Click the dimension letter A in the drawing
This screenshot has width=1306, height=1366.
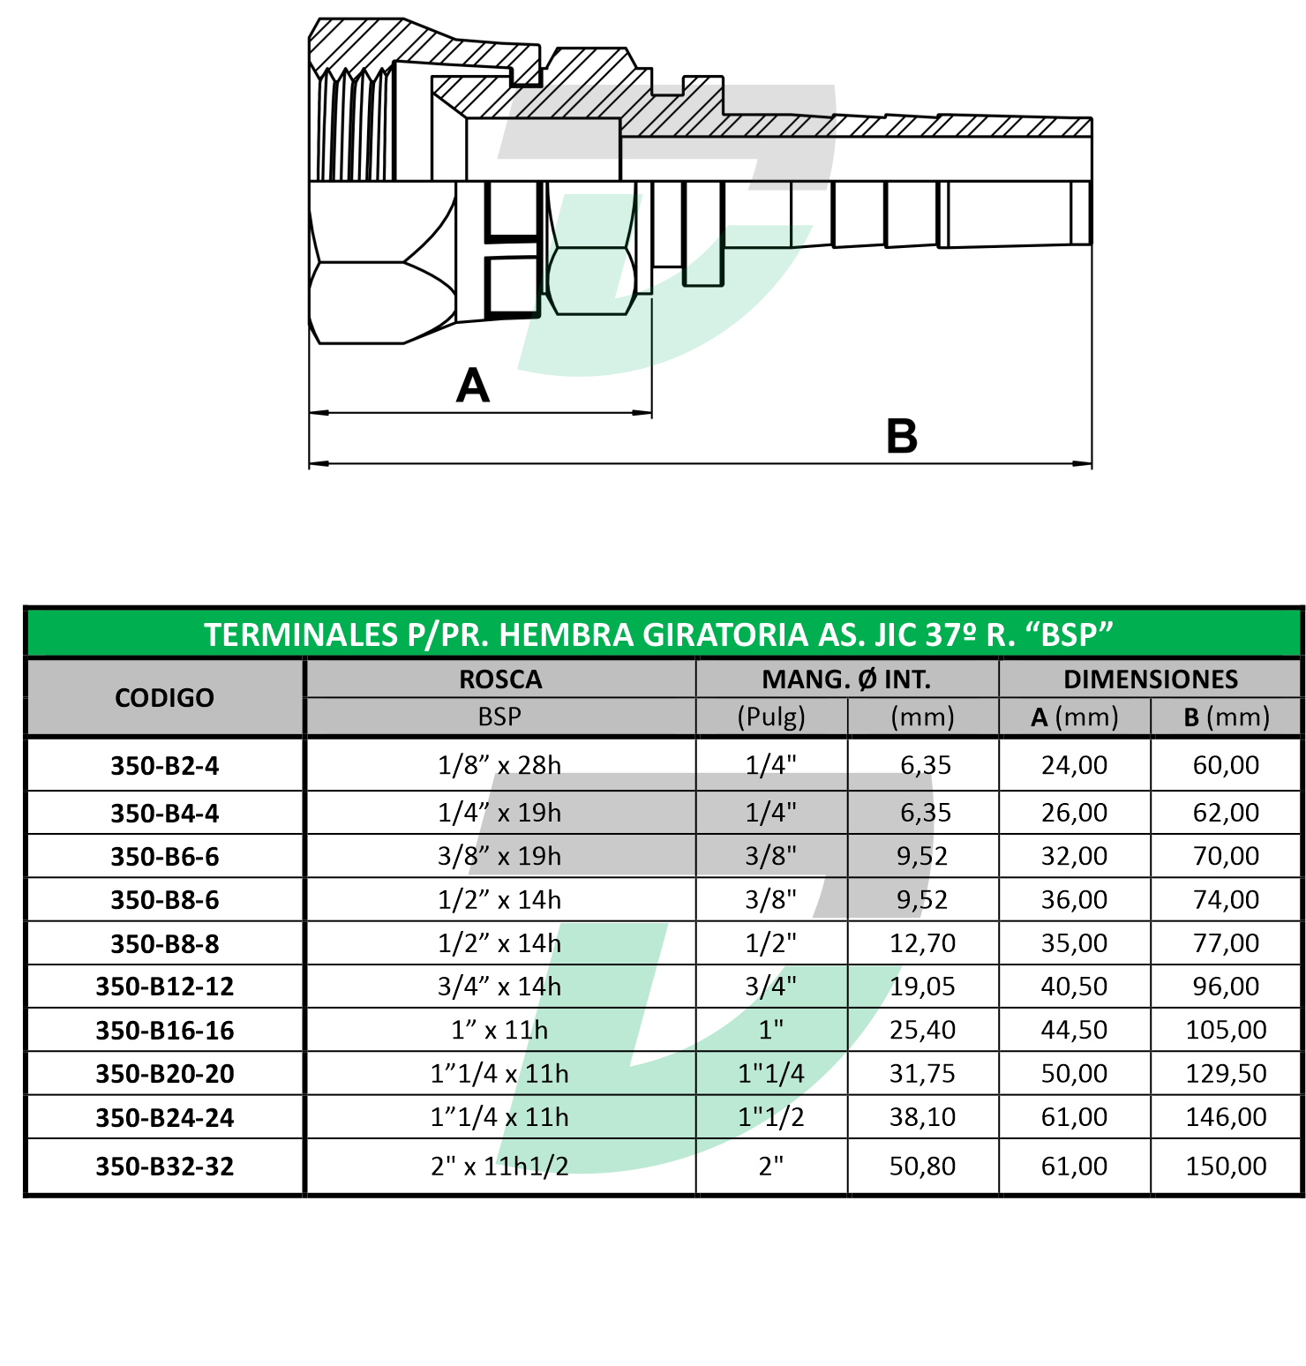click(x=473, y=386)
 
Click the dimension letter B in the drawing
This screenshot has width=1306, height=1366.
click(x=902, y=436)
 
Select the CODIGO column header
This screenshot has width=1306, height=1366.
click(x=164, y=698)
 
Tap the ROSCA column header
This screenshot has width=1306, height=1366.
click(x=500, y=679)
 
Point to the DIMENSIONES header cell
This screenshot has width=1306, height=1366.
click(x=1151, y=679)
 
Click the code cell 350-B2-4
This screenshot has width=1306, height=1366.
click(x=164, y=766)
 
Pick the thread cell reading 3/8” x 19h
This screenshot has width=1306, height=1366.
click(x=499, y=856)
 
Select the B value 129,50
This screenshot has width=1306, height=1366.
click(x=1226, y=1074)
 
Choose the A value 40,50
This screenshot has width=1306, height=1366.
click(x=1074, y=987)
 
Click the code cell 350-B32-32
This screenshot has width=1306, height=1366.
click(x=164, y=1167)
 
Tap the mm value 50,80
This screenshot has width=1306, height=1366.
click(x=922, y=1167)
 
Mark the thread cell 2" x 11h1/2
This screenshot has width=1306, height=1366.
click(x=499, y=1167)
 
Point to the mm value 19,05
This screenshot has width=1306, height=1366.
click(x=922, y=987)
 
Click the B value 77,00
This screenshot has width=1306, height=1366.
click(x=1226, y=943)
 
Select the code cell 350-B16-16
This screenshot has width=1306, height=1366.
click(x=164, y=1031)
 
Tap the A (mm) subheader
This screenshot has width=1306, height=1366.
click(x=1074, y=717)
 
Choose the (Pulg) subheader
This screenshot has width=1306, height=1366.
click(x=771, y=717)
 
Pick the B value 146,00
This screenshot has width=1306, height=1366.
click(x=1226, y=1117)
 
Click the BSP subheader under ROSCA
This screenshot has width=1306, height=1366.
click(x=499, y=717)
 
